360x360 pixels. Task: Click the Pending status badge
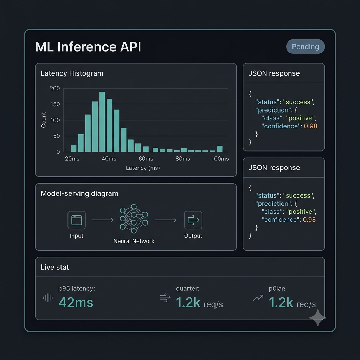pos(306,47)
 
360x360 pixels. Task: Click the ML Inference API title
pos(88,47)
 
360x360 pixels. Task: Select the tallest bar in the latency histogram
pos(102,122)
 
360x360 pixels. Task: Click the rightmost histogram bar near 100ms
pos(220,149)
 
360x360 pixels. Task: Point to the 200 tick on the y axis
pos(55,88)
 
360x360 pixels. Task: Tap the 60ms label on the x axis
pos(146,159)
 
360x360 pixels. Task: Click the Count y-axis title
pos(44,120)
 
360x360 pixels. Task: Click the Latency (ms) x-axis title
pos(143,168)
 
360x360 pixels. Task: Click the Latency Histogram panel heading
pos(72,73)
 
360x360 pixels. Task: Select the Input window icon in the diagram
pos(77,220)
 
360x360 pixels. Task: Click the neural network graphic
pos(134,219)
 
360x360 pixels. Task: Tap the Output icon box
pos(193,220)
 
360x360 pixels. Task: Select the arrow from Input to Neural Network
pos(103,220)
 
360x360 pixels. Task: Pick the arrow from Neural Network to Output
pos(166,220)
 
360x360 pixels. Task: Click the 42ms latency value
pos(76,302)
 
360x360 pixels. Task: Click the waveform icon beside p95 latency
pos(48,298)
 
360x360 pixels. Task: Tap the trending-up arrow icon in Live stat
pos(258,298)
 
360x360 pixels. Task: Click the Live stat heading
pos(54,267)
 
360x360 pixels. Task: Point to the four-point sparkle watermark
pos(318,318)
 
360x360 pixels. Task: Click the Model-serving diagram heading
pos(79,194)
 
